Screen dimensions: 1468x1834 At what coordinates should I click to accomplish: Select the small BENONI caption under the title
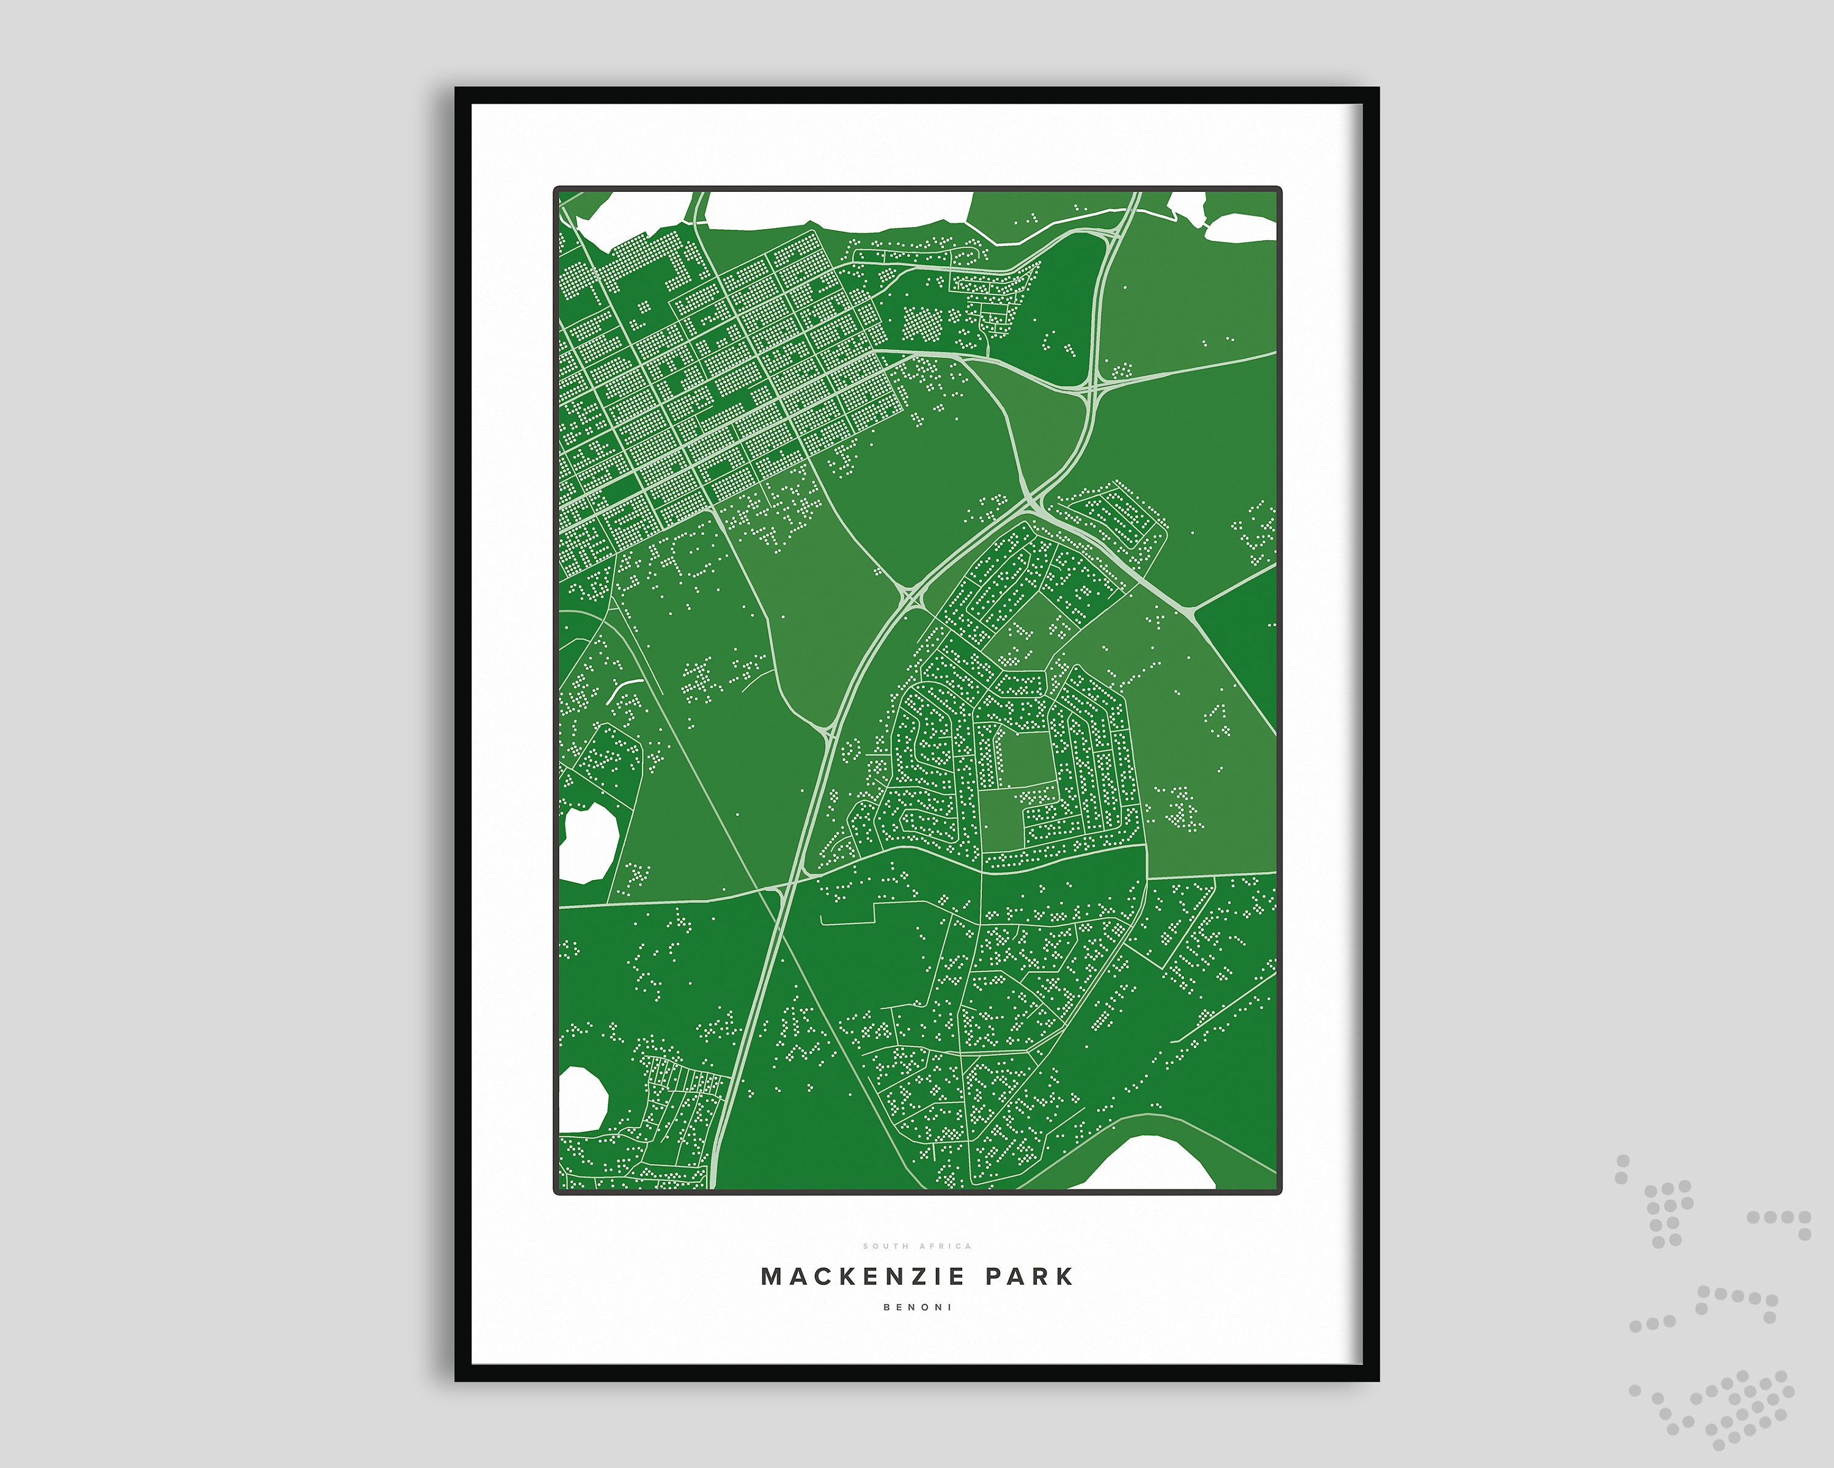(917, 1307)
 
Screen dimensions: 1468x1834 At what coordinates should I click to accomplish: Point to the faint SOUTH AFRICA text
(917, 1246)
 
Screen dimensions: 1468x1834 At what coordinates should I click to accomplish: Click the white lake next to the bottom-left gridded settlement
(582, 1099)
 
